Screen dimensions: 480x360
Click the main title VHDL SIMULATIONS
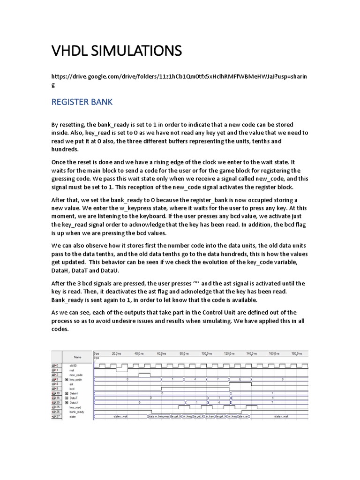(116, 50)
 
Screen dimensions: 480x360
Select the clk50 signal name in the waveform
(73, 365)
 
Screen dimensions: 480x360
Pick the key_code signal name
(75, 379)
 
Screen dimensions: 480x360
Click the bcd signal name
(72, 389)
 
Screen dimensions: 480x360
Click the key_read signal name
(75, 407)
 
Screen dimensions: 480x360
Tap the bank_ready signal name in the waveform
(77, 412)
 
